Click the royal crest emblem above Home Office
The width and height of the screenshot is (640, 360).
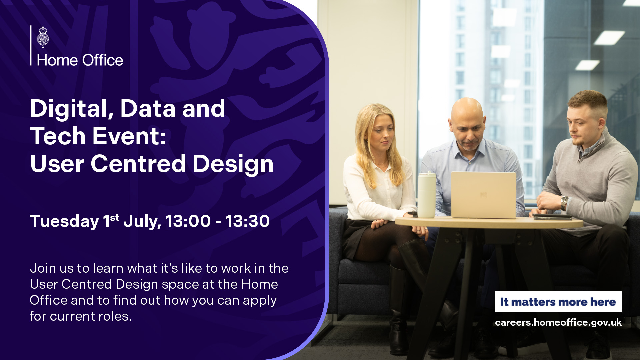point(43,37)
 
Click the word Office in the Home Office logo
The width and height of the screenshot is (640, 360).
point(103,60)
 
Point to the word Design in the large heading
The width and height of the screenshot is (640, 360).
point(233,165)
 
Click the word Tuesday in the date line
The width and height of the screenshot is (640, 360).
point(64,221)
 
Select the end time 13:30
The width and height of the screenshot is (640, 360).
point(248,221)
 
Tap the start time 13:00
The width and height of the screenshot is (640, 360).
point(188,221)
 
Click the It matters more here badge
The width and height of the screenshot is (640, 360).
point(558,302)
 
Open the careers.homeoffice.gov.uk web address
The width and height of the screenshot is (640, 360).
point(558,323)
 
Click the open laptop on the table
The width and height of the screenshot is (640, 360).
point(483,195)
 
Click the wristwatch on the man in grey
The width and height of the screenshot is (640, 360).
point(564,203)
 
